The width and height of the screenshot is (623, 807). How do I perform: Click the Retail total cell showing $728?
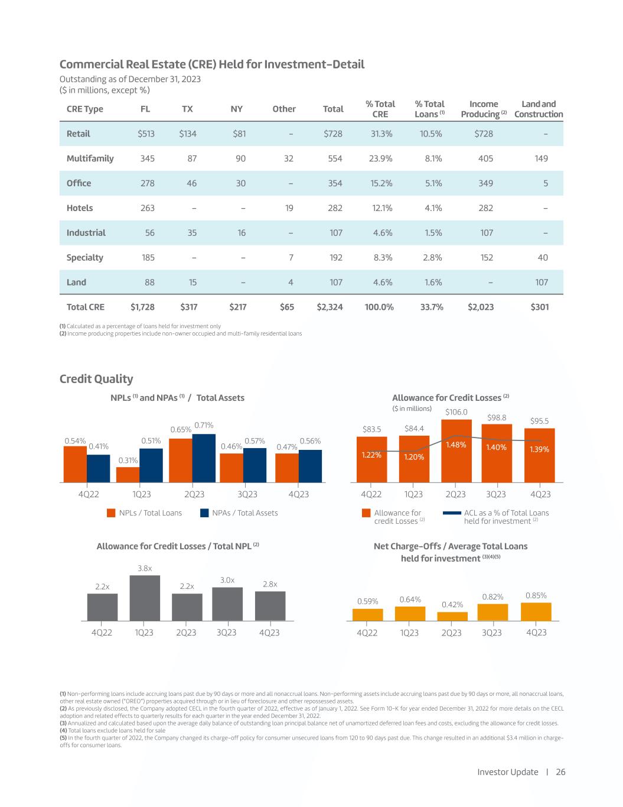(333, 134)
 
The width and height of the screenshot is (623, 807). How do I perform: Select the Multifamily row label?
(90, 158)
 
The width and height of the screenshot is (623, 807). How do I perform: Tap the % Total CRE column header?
(380, 109)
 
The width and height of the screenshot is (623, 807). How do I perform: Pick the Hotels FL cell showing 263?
(146, 208)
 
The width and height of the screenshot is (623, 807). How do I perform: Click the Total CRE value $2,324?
(330, 307)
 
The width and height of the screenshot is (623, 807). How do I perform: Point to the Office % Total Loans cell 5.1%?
(430, 183)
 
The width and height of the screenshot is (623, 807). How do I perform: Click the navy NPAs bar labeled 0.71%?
(204, 458)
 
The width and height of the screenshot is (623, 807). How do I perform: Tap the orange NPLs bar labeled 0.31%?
(128, 475)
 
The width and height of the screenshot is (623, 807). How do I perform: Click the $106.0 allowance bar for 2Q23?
(456, 449)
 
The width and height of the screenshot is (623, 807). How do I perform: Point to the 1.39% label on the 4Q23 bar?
(539, 449)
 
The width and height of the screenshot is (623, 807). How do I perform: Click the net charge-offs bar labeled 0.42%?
(452, 616)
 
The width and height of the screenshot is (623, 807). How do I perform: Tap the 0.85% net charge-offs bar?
(536, 611)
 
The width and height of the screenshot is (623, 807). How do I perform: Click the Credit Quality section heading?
(96, 379)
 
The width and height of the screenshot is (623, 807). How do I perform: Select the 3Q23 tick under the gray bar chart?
(227, 633)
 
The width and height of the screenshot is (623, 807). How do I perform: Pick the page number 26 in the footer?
(560, 772)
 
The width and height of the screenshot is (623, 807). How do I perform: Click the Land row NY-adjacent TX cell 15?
(193, 283)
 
